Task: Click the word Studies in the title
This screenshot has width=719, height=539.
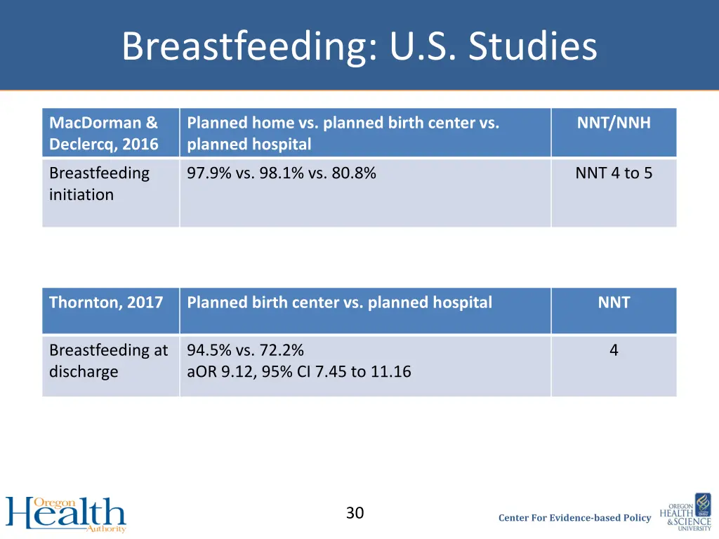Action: (x=533, y=47)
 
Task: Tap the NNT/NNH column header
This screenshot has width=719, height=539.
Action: (x=614, y=124)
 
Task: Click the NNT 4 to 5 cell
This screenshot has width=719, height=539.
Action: (x=614, y=173)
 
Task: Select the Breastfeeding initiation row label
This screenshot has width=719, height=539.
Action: (x=99, y=184)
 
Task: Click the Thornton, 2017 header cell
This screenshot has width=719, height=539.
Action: (x=106, y=303)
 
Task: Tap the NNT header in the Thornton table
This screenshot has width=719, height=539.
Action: (x=614, y=303)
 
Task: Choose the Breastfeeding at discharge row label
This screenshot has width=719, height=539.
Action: (x=108, y=361)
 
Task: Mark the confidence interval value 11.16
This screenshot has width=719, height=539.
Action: (x=391, y=372)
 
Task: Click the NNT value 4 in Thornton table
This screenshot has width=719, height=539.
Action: (x=614, y=350)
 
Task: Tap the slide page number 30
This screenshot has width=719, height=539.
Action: (x=355, y=514)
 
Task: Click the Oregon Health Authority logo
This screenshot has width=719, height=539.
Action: (x=66, y=514)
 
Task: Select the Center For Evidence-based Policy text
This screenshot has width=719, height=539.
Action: (x=574, y=518)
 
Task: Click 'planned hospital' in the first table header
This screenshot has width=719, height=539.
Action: (x=249, y=145)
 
